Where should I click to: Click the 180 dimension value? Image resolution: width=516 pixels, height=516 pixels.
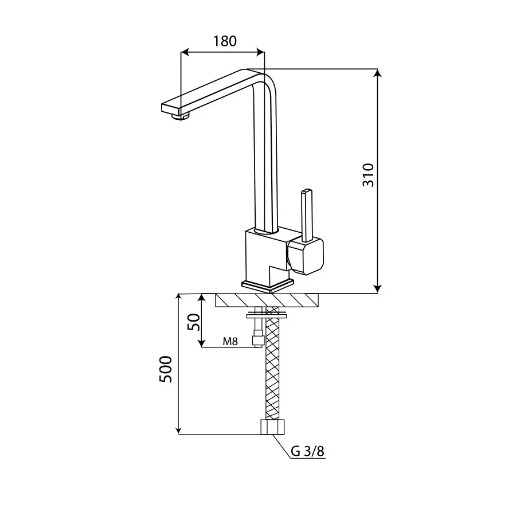click(225, 41)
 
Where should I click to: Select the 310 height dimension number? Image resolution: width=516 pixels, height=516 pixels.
click(368, 175)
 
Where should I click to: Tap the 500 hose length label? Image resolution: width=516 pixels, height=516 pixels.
click(166, 369)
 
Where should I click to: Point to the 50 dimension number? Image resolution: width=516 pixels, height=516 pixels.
click(194, 322)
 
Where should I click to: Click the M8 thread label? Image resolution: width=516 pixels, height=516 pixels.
click(230, 341)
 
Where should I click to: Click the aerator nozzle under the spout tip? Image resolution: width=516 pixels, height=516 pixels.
click(181, 116)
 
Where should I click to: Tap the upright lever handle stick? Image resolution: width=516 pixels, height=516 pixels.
click(307, 215)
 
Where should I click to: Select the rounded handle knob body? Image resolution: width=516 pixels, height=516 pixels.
click(306, 256)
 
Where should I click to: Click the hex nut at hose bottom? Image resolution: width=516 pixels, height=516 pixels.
click(272, 427)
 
